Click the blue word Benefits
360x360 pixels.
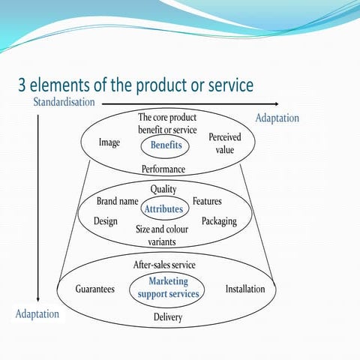[166, 145]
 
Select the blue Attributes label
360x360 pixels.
[164, 209]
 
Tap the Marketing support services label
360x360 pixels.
[168, 287]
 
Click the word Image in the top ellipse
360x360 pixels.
[109, 142]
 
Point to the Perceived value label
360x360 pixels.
[225, 144]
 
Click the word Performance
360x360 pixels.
[163, 169]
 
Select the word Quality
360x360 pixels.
[163, 189]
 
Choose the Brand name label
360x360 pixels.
[118, 202]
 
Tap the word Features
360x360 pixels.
[207, 202]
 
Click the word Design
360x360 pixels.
[106, 221]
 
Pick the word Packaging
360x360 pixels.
[219, 221]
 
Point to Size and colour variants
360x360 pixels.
[162, 235]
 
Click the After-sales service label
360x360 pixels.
[164, 265]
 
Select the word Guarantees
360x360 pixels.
[95, 289]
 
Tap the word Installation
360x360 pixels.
[245, 289]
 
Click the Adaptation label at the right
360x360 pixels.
[277, 118]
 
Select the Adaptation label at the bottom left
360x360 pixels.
[37, 313]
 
